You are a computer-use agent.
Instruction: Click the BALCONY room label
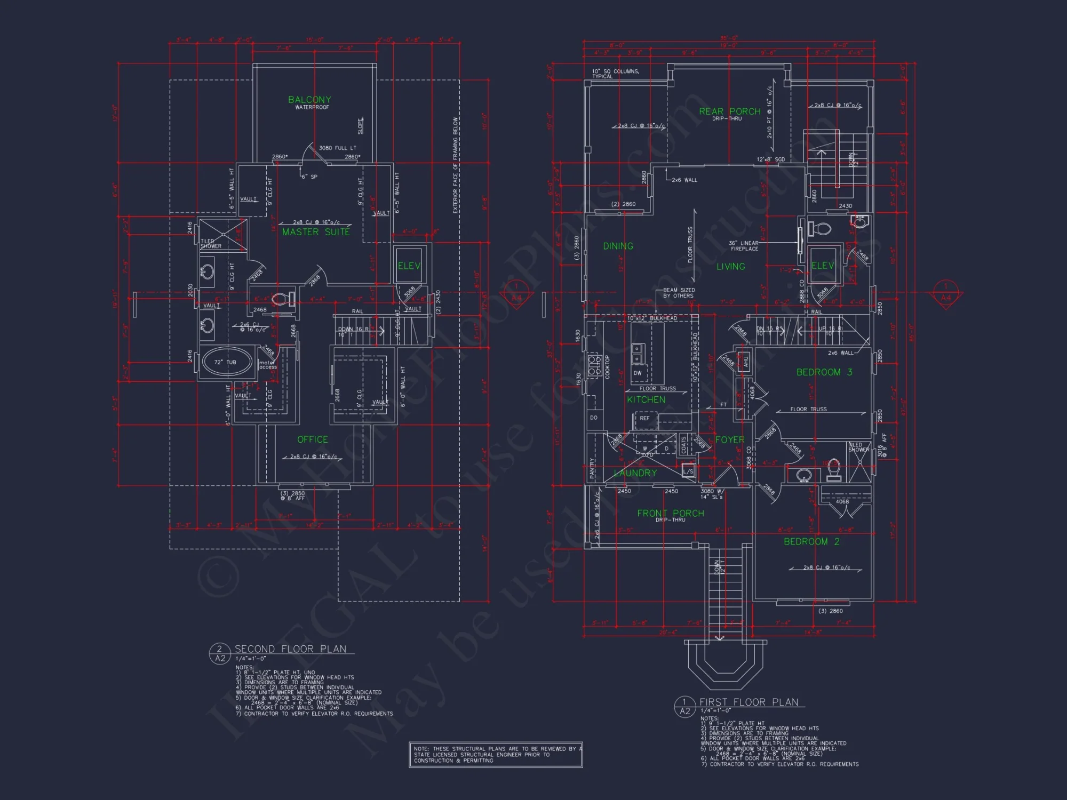(309, 100)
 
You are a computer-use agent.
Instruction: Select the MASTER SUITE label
(316, 232)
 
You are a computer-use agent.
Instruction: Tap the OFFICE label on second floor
(313, 439)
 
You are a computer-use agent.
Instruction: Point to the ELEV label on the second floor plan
(409, 266)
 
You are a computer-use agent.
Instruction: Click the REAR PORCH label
(730, 111)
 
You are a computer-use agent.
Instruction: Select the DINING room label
(618, 246)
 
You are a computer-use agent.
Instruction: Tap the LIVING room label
(730, 267)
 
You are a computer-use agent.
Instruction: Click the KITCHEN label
(646, 399)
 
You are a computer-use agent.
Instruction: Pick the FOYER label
(729, 440)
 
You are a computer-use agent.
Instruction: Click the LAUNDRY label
(635, 473)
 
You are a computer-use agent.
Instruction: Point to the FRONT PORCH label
(671, 513)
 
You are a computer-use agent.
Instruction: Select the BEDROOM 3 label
(824, 372)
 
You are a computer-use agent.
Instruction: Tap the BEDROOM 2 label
(811, 542)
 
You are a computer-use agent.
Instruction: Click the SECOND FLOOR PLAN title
(290, 649)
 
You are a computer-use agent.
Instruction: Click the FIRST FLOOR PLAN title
(749, 702)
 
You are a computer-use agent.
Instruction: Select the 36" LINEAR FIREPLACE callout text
(744, 246)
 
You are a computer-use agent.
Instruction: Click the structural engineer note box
(496, 755)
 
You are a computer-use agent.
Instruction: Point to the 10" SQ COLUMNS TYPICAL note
(615, 74)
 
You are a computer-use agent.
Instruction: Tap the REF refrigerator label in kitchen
(644, 418)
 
